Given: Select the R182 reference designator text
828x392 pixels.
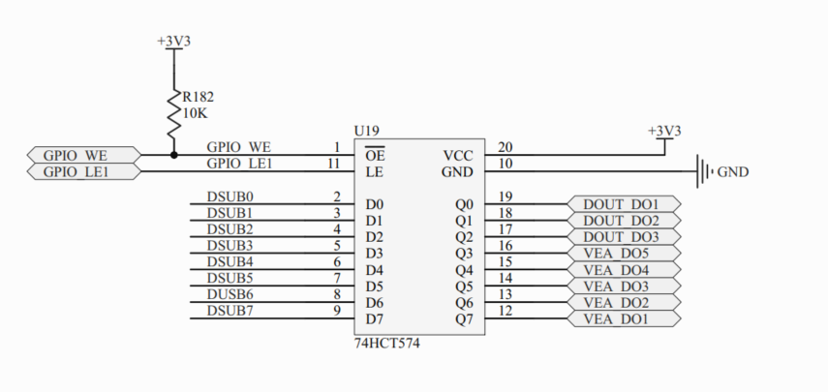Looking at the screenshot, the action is [199, 97].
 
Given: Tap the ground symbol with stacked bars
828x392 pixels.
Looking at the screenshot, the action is [704, 172].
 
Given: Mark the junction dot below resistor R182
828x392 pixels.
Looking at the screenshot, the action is [174, 155].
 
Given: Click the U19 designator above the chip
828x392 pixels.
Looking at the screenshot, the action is [367, 131].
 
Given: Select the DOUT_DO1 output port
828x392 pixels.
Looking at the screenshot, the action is [621, 204].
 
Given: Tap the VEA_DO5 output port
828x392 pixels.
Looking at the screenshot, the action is [621, 254].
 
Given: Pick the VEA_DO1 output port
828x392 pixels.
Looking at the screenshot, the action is [621, 319].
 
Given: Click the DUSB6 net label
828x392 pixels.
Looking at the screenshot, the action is [230, 293].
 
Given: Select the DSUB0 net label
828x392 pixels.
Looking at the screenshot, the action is [230, 196].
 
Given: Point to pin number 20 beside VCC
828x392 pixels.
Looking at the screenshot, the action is [505, 147].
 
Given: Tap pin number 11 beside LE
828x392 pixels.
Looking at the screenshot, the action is [334, 164].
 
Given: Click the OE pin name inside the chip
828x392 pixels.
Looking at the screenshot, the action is [376, 155].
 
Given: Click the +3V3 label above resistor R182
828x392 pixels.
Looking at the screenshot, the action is [174, 42].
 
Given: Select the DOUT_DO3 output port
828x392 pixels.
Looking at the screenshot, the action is [621, 237].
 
